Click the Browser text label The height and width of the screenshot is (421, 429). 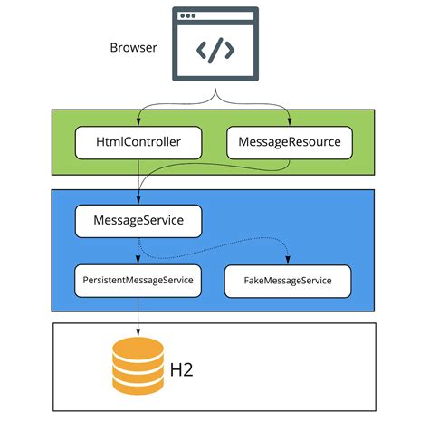(133, 48)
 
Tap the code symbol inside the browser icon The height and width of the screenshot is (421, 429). (215, 51)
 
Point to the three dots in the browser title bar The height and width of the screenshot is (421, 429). (188, 15)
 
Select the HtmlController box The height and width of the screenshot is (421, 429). (138, 142)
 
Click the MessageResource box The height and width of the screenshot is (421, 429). (290, 142)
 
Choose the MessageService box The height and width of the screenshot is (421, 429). (138, 221)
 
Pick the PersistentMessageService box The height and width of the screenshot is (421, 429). (138, 281)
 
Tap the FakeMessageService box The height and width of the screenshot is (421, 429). (288, 281)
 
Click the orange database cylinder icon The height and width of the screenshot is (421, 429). (138, 366)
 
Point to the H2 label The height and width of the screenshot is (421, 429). (181, 369)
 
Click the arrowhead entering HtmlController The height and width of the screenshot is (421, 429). (138, 121)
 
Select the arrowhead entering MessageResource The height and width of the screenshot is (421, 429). (290, 121)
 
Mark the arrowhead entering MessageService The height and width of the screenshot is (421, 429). (138, 200)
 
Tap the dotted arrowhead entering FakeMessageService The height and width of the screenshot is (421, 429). (288, 260)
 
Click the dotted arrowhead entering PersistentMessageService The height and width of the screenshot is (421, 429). (138, 260)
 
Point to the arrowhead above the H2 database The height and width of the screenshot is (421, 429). (138, 332)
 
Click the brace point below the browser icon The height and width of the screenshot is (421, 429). (215, 90)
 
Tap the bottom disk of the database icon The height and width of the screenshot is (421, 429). (138, 386)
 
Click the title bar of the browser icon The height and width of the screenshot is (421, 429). (215, 15)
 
